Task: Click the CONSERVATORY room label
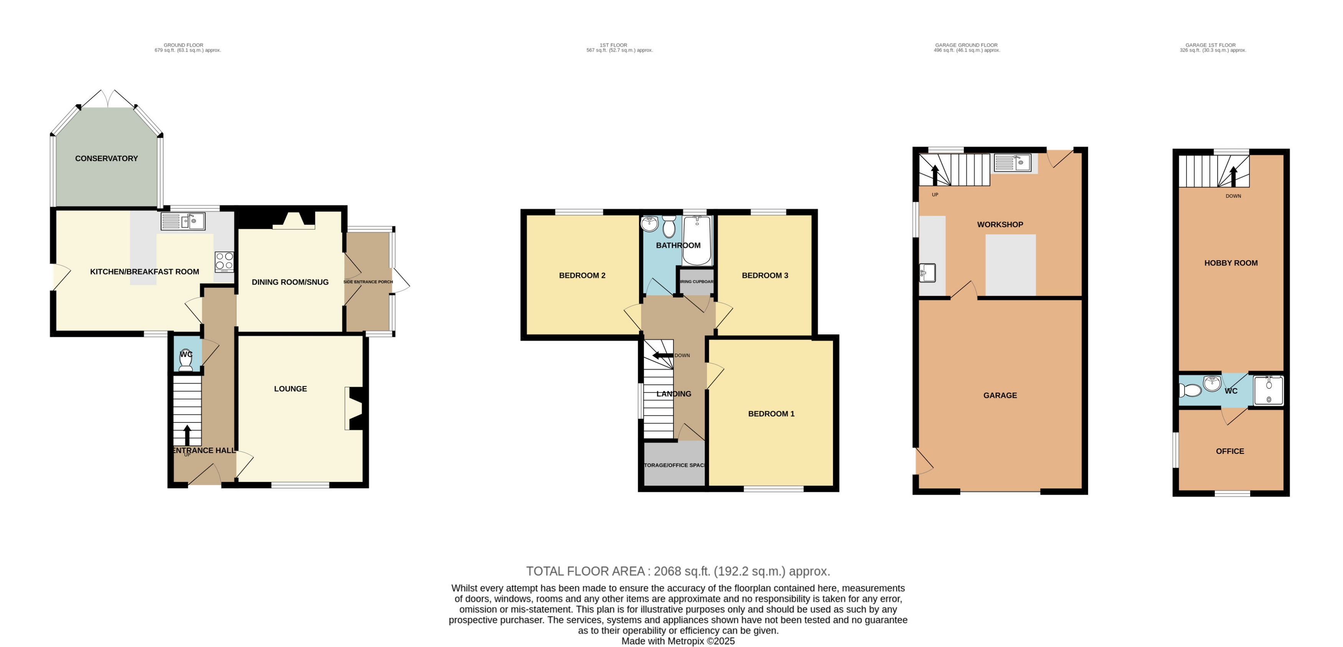point(106,159)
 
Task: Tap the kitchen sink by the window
point(183,221)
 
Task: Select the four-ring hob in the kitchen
point(224,262)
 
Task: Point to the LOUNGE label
point(290,389)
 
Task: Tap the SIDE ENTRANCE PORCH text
point(368,282)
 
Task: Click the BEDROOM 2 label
point(582,275)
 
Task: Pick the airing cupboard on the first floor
point(696,282)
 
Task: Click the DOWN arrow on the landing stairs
point(663,355)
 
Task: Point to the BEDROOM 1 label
point(771,414)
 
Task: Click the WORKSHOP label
point(1000,224)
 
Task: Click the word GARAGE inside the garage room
point(1000,395)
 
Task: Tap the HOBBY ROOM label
point(1231,263)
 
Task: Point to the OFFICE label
point(1229,451)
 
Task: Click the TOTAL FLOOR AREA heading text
point(677,571)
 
